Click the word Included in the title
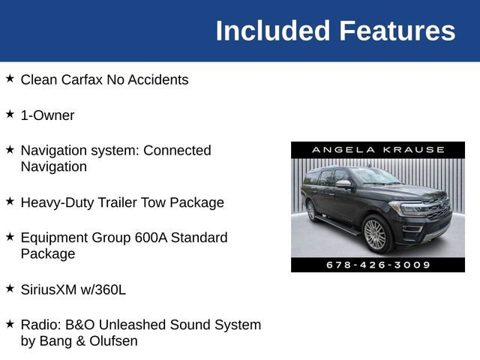click(272, 31)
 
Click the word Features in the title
click(397, 31)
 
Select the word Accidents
click(157, 79)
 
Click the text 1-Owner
click(47, 115)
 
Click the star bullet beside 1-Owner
click(10, 114)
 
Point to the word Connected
click(177, 150)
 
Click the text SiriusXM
click(50, 289)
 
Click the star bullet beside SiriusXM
click(10, 287)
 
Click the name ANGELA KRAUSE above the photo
click(378, 150)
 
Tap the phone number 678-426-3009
click(378, 265)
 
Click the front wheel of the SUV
click(374, 235)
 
